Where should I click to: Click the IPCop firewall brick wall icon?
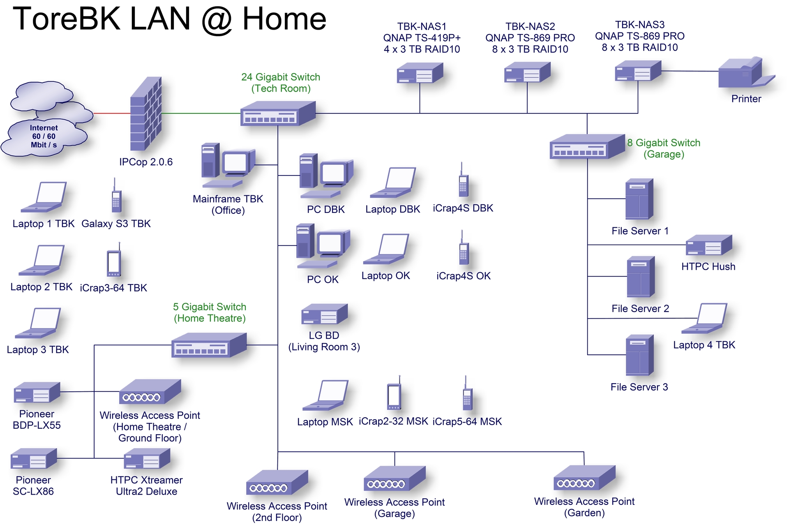tap(146, 114)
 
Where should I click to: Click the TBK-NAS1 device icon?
tap(420, 73)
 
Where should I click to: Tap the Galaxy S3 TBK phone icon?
tap(116, 197)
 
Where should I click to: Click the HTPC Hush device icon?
tap(709, 245)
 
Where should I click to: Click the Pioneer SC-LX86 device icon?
tap(34, 459)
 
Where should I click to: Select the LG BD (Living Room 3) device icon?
tap(324, 315)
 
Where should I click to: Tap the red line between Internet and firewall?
tap(112, 113)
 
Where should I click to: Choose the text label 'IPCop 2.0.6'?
tap(146, 162)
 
